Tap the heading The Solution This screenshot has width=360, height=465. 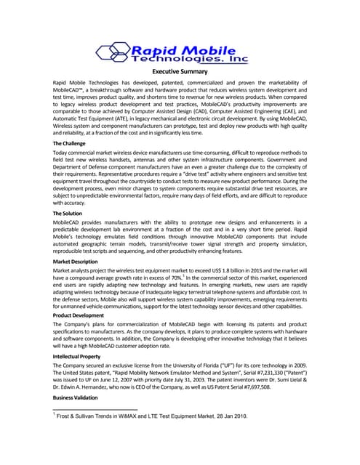tap(71, 214)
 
